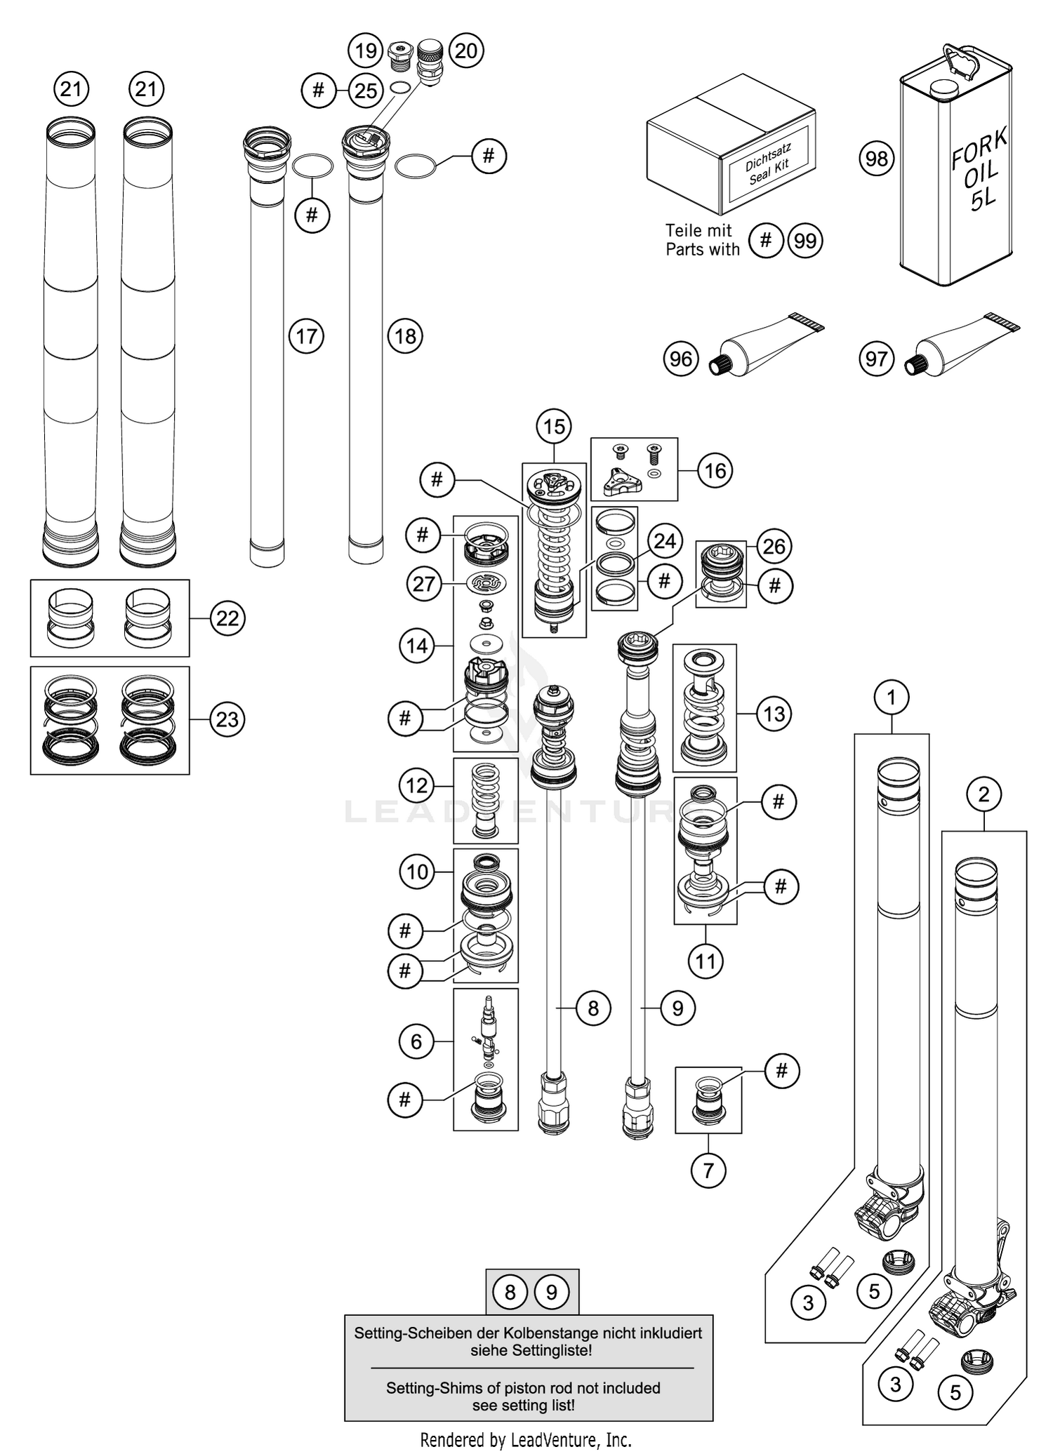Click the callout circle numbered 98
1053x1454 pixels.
pyautogui.click(x=876, y=159)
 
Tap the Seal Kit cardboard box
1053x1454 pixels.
pyautogui.click(x=730, y=147)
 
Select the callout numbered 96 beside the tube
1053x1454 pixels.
pyautogui.click(x=681, y=359)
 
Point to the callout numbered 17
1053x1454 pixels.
pyautogui.click(x=306, y=336)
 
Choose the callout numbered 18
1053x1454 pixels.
pyautogui.click(x=405, y=336)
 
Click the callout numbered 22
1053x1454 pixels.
pyautogui.click(x=227, y=618)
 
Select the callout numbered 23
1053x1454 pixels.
pyautogui.click(x=227, y=719)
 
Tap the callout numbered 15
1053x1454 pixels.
pyautogui.click(x=554, y=426)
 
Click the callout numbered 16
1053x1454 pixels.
pyautogui.click(x=715, y=470)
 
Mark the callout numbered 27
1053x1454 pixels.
pyautogui.click(x=423, y=583)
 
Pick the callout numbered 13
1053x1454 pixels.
pyautogui.click(x=774, y=714)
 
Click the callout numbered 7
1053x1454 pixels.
pyautogui.click(x=708, y=1170)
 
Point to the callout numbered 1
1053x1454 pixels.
pyautogui.click(x=892, y=698)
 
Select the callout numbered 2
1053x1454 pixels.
pyautogui.click(x=983, y=794)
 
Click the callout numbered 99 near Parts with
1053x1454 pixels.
pyautogui.click(x=805, y=241)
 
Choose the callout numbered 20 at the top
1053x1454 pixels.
pyautogui.click(x=466, y=51)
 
